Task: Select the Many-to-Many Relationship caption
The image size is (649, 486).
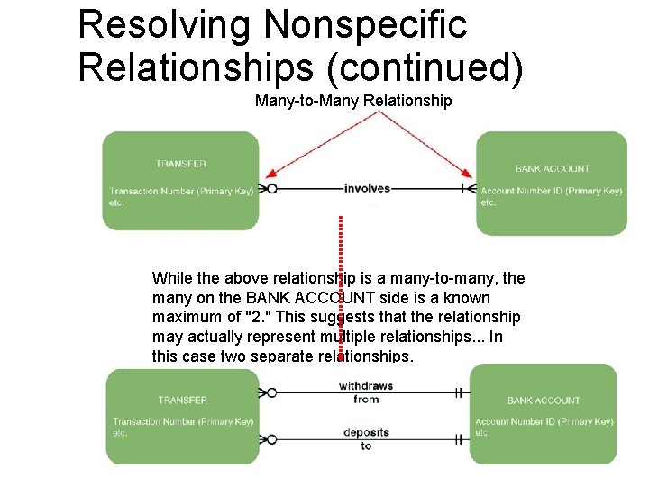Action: pos(353,101)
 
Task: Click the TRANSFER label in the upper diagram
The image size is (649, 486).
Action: pos(180,164)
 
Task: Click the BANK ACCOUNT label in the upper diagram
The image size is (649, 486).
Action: pos(553,168)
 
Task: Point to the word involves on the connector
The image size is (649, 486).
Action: pos(367,188)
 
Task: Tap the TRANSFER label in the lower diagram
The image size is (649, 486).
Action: pos(182,400)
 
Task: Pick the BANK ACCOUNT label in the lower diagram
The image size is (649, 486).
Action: pos(544,400)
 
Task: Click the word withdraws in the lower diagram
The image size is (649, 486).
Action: pos(366,386)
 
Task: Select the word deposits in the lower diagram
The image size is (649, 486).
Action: pos(366,433)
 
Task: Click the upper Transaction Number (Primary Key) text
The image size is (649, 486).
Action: pos(181,191)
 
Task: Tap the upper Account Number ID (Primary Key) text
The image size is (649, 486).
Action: pos(551,191)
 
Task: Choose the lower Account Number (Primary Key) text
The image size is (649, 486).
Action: pos(544,421)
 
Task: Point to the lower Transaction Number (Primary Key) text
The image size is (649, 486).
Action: pos(183,421)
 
